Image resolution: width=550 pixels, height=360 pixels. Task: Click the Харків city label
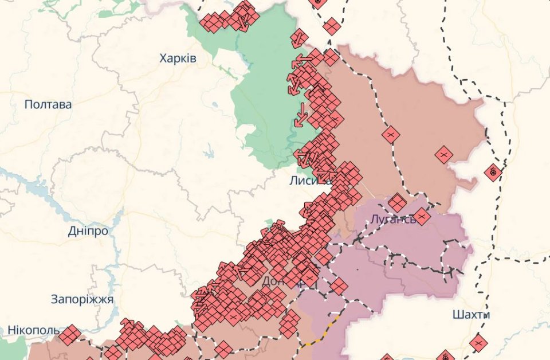178,58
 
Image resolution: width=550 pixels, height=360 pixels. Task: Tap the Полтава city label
48,104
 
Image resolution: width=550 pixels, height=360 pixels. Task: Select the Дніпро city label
88,231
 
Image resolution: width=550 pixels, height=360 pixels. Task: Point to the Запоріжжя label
82,299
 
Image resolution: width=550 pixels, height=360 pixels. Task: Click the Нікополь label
33,331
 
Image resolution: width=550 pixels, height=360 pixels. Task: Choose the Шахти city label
471,315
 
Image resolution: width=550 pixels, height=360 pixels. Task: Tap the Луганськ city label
392,219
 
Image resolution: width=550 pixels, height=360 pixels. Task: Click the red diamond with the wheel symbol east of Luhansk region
493,172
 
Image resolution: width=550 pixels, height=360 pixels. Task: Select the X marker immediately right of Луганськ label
422,217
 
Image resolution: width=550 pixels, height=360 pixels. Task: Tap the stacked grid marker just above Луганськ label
396,202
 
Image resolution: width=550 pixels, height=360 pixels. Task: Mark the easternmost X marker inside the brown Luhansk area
443,155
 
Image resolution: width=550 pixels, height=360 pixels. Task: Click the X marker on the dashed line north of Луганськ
391,135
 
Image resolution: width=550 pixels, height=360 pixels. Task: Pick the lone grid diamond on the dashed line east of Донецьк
339,286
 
